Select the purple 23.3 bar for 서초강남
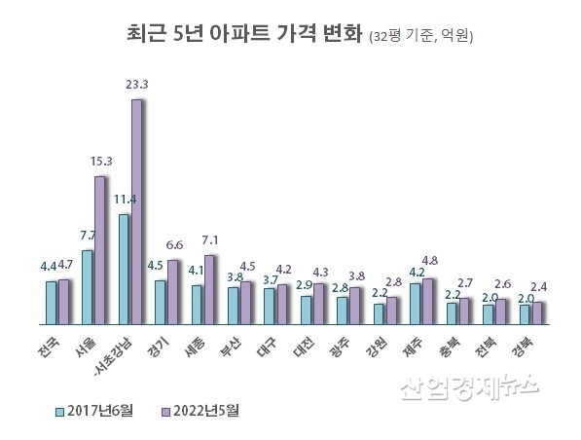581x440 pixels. pyautogui.click(x=136, y=211)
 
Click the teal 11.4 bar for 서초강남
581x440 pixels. pyautogui.click(x=124, y=269)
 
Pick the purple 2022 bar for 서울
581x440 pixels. pyautogui.click(x=100, y=250)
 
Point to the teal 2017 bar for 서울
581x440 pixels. pyautogui.click(x=88, y=287)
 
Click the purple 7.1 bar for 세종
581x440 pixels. pyautogui.click(x=209, y=289)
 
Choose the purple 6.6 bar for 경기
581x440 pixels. pyautogui.click(x=173, y=291)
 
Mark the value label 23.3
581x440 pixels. pyautogui.click(x=137, y=85)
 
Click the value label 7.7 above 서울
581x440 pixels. pyautogui.click(x=87, y=236)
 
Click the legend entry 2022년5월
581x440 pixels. pyautogui.click(x=203, y=409)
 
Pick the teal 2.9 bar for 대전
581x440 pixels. pyautogui.click(x=307, y=310)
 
